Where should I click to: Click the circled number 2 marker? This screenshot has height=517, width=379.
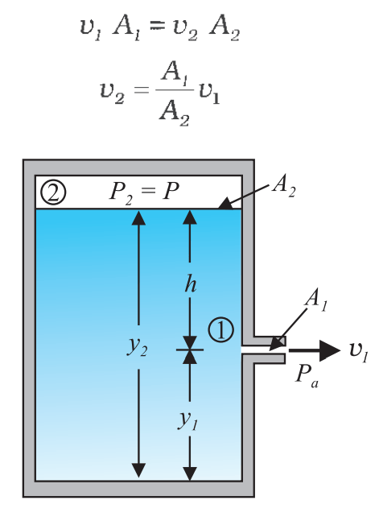click(53, 193)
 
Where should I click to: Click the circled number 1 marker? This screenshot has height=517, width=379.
click(220, 329)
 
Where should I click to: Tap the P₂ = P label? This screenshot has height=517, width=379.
click(144, 192)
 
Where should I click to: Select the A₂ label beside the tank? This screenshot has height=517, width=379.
click(284, 186)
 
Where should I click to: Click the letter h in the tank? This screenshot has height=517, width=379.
click(191, 283)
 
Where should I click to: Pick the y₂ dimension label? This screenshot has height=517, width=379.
click(137, 346)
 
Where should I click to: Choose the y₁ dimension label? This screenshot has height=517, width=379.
click(188, 420)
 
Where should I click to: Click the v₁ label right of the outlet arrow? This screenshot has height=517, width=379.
click(359, 352)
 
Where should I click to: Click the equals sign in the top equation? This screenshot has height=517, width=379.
click(157, 26)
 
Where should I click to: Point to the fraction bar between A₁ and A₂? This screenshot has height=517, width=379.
click(175, 89)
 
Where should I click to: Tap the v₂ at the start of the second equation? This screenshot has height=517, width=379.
click(112, 93)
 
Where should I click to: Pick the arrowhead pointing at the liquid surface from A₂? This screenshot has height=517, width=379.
click(225, 204)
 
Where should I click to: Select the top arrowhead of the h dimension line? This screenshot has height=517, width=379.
click(190, 217)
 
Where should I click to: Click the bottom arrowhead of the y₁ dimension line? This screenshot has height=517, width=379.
click(190, 474)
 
